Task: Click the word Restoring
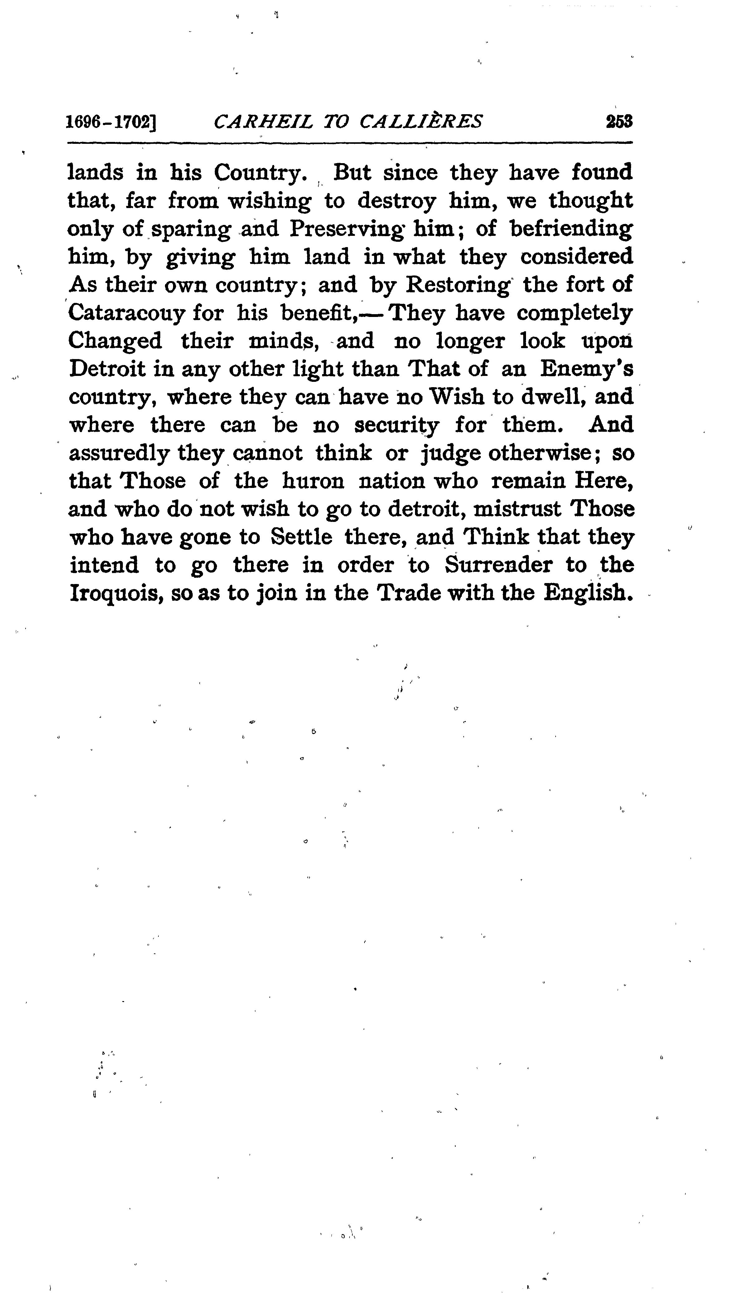[458, 285]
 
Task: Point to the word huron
[313, 481]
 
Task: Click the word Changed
[115, 341]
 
